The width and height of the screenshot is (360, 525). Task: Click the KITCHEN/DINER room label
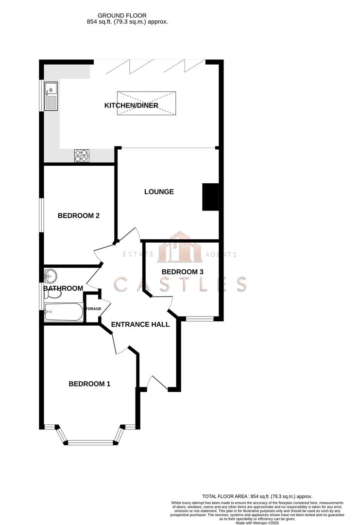[131, 105]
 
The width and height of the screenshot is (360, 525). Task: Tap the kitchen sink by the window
[51, 96]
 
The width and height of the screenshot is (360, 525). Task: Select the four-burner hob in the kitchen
[82, 155]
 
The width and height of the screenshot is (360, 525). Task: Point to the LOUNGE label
[159, 192]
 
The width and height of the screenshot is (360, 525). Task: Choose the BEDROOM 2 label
[79, 216]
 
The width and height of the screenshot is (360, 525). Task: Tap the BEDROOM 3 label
[182, 272]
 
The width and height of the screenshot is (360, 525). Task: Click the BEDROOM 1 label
[89, 384]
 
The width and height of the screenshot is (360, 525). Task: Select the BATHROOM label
[63, 288]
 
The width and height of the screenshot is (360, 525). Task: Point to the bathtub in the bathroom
[64, 312]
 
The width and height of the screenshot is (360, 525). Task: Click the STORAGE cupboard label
[93, 309]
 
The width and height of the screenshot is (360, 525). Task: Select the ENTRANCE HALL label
[140, 324]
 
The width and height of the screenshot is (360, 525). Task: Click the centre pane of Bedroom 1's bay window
[92, 442]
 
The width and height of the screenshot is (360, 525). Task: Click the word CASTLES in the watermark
[180, 284]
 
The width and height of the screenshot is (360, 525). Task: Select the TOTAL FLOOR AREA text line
[257, 496]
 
